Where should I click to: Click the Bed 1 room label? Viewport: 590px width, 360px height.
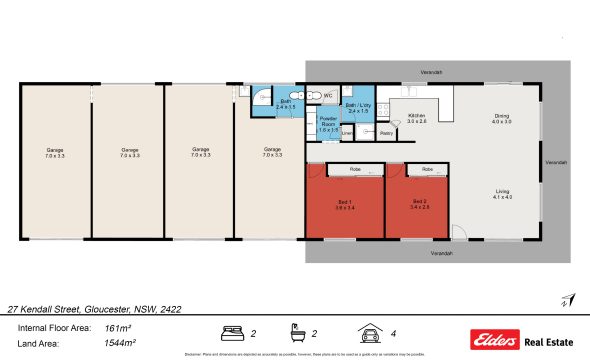coord(344,204)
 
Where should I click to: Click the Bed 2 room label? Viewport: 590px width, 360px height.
coord(420,204)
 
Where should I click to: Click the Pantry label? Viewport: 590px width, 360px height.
coord(385,131)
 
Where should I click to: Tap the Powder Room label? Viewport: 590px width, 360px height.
coord(328,126)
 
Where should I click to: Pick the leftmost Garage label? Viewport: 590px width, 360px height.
coord(55,153)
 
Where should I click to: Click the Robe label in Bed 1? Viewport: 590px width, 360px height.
coord(354,169)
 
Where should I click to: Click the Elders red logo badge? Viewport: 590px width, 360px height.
coord(491,336)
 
